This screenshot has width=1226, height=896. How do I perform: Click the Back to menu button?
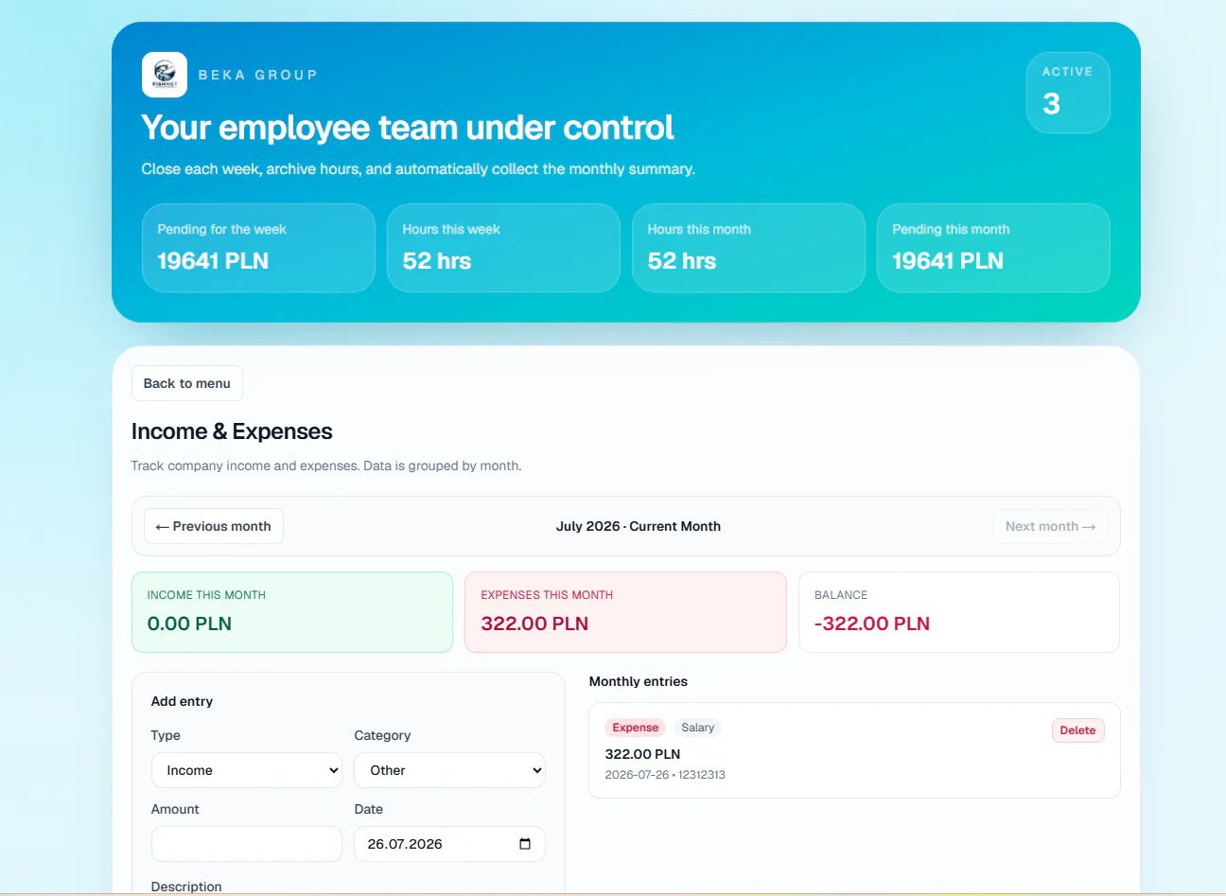[x=186, y=383]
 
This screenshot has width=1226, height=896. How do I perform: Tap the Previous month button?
[x=214, y=526]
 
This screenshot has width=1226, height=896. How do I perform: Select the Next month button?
[x=1050, y=526]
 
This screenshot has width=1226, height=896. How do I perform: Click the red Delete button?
[x=1077, y=730]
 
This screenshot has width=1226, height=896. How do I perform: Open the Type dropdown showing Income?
[x=246, y=770]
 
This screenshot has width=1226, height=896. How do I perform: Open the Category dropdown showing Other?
[x=449, y=770]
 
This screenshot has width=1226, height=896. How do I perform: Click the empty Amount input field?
[x=246, y=843]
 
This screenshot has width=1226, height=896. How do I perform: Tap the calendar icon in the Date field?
[x=524, y=843]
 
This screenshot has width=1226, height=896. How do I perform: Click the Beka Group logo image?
[x=165, y=75]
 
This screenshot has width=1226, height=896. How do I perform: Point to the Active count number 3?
[x=1051, y=103]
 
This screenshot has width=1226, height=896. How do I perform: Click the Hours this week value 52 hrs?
[x=437, y=260]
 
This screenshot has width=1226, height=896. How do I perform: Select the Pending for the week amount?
[x=213, y=260]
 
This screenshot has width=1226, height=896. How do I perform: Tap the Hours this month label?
[x=699, y=229]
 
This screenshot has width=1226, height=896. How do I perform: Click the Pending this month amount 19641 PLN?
[x=948, y=260]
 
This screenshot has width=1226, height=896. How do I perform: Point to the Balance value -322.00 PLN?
[x=872, y=624]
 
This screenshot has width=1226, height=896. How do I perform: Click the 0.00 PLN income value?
[x=189, y=624]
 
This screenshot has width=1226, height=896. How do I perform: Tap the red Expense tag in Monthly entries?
[x=635, y=728]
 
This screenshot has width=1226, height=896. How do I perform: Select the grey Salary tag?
[x=697, y=728]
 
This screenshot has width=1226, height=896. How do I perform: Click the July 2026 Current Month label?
[x=639, y=526]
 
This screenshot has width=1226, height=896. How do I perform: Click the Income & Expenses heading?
[x=232, y=431]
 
